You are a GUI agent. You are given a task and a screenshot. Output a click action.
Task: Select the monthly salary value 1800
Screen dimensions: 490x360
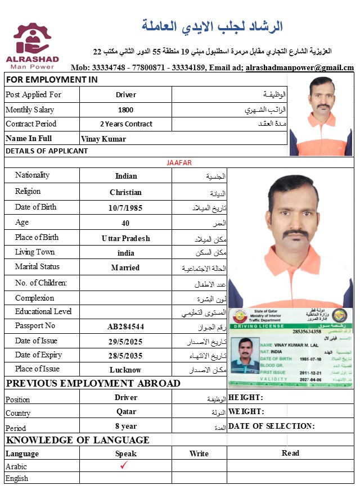(x=126, y=110)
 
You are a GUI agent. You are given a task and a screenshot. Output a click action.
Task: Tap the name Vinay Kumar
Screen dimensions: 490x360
(x=103, y=139)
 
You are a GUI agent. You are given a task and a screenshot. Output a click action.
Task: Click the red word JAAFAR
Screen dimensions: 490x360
(x=179, y=163)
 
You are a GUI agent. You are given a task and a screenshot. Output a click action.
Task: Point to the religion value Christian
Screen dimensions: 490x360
(x=126, y=192)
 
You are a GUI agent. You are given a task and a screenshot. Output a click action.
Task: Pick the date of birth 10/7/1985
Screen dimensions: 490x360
(x=126, y=208)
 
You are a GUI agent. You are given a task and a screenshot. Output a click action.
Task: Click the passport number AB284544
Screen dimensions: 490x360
(x=126, y=326)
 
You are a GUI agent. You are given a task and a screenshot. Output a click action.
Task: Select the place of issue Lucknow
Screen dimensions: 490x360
(x=126, y=370)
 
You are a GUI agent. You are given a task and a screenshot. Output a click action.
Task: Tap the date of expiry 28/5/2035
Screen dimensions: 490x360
(x=126, y=356)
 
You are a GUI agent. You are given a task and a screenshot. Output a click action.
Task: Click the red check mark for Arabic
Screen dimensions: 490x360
(x=125, y=465)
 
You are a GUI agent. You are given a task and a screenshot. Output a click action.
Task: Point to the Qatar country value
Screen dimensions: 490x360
(x=126, y=412)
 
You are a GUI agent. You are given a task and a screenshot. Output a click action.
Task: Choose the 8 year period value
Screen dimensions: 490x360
(x=126, y=427)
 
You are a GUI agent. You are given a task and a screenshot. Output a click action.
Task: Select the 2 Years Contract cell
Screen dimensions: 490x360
(x=126, y=124)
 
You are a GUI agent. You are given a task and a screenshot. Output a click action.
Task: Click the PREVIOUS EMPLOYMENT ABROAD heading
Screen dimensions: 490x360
(x=93, y=384)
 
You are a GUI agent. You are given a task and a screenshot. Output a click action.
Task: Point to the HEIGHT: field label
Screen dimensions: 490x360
(x=246, y=398)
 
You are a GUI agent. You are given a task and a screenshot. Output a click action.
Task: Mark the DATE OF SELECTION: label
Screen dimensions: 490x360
(x=272, y=427)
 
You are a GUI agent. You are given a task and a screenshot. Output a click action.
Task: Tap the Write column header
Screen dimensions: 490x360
(x=199, y=453)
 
